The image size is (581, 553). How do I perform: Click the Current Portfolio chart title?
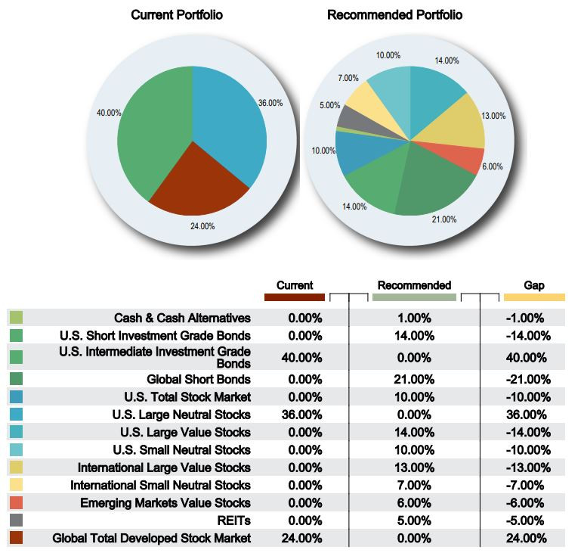177,15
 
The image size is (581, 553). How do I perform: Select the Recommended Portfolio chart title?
394,15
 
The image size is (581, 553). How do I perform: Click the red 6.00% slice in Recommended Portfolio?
468,160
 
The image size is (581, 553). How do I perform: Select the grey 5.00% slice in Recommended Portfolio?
350,117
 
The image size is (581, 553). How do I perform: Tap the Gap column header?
533,285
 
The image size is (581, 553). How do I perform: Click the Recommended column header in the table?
414,285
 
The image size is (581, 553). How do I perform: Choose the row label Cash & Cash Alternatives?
182,318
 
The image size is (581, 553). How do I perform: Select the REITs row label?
236,520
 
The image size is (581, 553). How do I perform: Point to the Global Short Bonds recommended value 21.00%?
413,378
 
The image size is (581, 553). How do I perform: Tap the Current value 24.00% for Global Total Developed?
305,539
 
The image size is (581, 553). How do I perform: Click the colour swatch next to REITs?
17,520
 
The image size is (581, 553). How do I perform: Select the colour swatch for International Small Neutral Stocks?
17,484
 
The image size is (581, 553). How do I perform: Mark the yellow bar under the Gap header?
533,297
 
